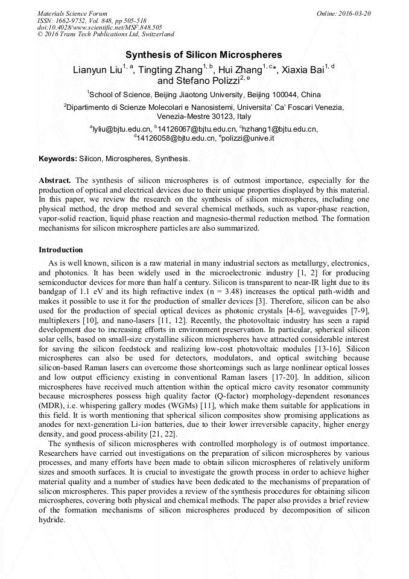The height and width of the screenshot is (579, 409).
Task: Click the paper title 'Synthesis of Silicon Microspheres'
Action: (x=204, y=55)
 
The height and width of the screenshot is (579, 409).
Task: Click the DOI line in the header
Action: (x=100, y=27)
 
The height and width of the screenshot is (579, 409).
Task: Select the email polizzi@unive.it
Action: (x=248, y=138)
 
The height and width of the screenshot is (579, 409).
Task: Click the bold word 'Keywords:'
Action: (x=58, y=159)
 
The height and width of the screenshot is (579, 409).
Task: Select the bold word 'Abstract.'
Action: (x=55, y=181)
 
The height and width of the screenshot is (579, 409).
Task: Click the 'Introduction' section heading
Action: (x=61, y=250)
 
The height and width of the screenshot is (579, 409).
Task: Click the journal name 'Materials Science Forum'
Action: (x=72, y=13)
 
